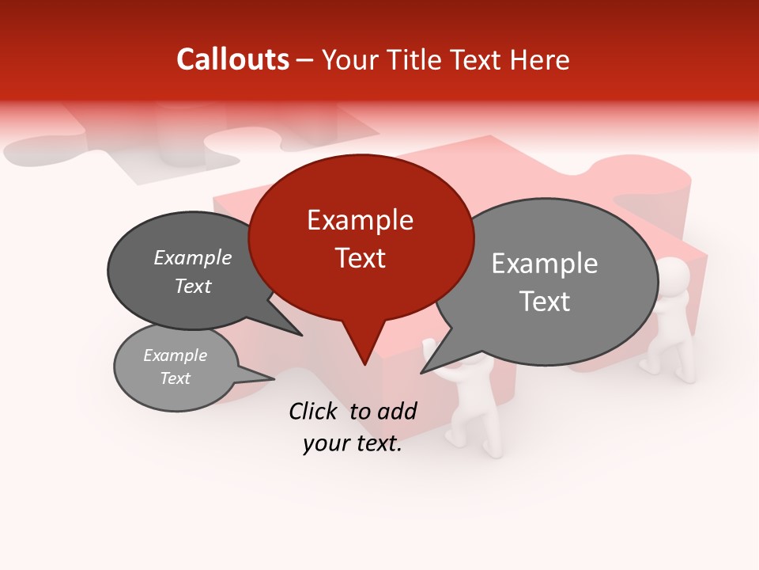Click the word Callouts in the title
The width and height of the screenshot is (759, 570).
(x=232, y=59)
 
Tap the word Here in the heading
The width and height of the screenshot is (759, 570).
(x=540, y=60)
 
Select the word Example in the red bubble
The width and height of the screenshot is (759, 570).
(x=360, y=220)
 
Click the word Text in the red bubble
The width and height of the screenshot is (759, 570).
(x=361, y=258)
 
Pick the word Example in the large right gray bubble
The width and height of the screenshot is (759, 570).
(x=545, y=264)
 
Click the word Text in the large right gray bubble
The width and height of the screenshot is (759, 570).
(x=545, y=302)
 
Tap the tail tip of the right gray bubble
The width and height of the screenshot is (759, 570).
(x=422, y=371)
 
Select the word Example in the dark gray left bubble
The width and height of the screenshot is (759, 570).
(x=193, y=257)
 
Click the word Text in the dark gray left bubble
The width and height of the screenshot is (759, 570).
(x=193, y=286)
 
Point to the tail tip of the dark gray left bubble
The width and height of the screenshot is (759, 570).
(x=301, y=335)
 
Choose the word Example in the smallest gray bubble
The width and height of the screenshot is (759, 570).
(x=175, y=355)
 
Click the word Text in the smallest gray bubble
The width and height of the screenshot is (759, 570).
(x=175, y=378)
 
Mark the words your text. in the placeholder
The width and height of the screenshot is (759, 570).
(x=353, y=444)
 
